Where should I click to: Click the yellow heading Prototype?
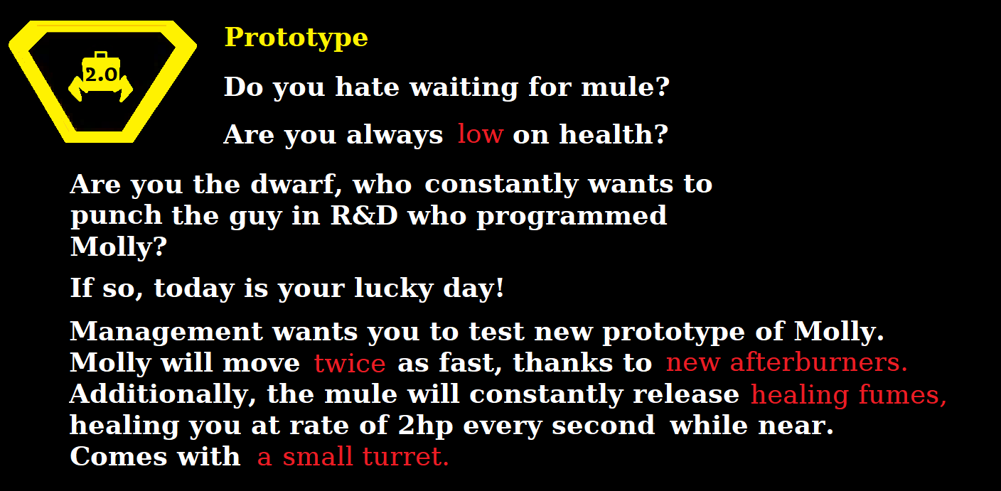coord(296,38)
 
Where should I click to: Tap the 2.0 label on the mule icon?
coord(100,75)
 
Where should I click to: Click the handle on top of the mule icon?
coord(100,55)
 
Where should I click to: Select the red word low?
coord(480,134)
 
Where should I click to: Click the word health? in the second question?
coord(613,134)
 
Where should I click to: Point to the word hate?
coord(369,87)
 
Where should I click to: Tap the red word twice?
coord(350,363)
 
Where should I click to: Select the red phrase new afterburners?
coord(786,363)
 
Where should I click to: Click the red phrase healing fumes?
coord(848,395)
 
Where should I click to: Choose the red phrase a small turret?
coord(353,457)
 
